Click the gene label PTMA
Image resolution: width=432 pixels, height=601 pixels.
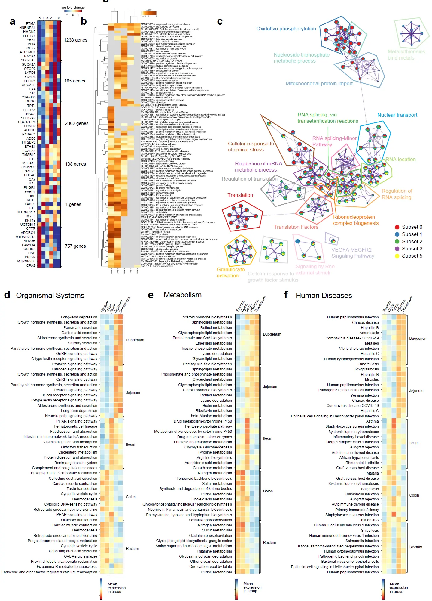[31, 23]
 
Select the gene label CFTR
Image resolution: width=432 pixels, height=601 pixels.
[31, 228]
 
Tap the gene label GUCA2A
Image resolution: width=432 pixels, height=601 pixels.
[29, 64]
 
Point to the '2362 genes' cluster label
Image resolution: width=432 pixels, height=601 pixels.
[77, 123]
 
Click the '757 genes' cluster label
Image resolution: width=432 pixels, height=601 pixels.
[75, 246]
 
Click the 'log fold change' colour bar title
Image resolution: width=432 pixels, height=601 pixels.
[73, 8]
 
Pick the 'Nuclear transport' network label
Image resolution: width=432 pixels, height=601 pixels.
[397, 115]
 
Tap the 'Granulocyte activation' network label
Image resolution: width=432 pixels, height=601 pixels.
[230, 273]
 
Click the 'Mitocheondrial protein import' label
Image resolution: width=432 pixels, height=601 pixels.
[319, 83]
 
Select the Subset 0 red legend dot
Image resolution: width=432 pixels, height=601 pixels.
[397, 227]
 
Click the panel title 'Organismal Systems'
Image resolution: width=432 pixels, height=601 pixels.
[50, 296]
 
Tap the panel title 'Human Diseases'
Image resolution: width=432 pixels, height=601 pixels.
[324, 296]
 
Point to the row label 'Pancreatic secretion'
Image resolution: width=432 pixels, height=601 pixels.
[81, 328]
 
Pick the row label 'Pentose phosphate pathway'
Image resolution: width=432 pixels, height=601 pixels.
[208, 426]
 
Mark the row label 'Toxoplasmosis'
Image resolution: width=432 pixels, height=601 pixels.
[366, 369]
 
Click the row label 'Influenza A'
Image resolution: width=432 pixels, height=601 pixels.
[369, 520]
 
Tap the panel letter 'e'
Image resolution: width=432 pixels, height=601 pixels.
[151, 295]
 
